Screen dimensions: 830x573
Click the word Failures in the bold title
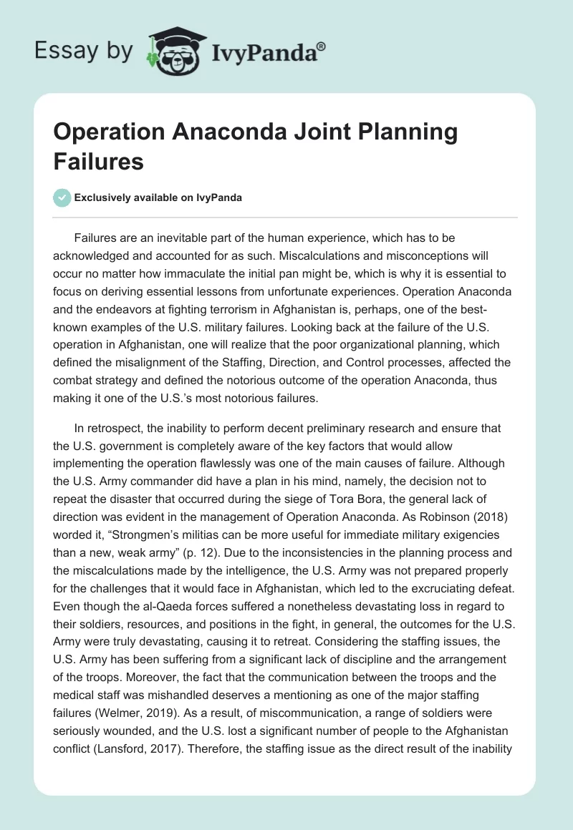point(99,162)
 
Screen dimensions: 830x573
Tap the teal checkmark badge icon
point(62,197)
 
